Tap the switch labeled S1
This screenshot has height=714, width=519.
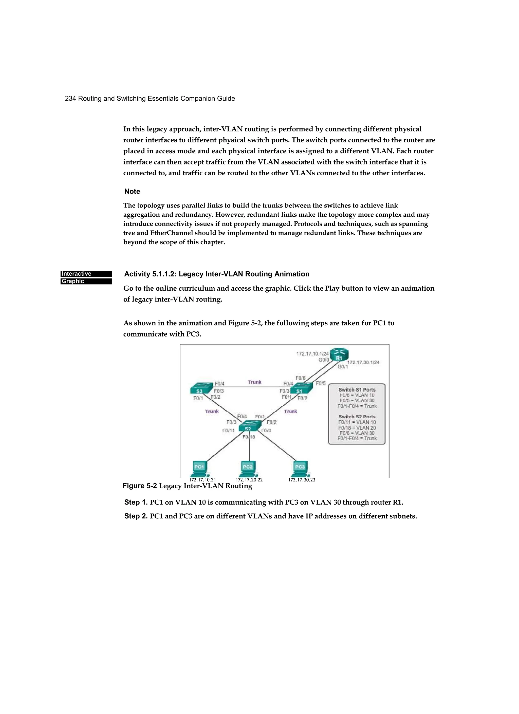(x=301, y=389)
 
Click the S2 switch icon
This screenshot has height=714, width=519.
(x=249, y=427)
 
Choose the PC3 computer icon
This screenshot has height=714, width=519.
(x=300, y=468)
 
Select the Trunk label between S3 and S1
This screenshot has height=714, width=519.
(x=254, y=382)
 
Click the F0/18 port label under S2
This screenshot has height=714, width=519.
(x=249, y=437)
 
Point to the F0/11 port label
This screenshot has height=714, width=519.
(x=228, y=430)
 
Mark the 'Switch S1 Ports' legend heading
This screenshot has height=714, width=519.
(x=357, y=390)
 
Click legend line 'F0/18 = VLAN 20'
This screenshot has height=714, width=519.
(x=357, y=427)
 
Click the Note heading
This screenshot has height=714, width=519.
(x=132, y=191)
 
